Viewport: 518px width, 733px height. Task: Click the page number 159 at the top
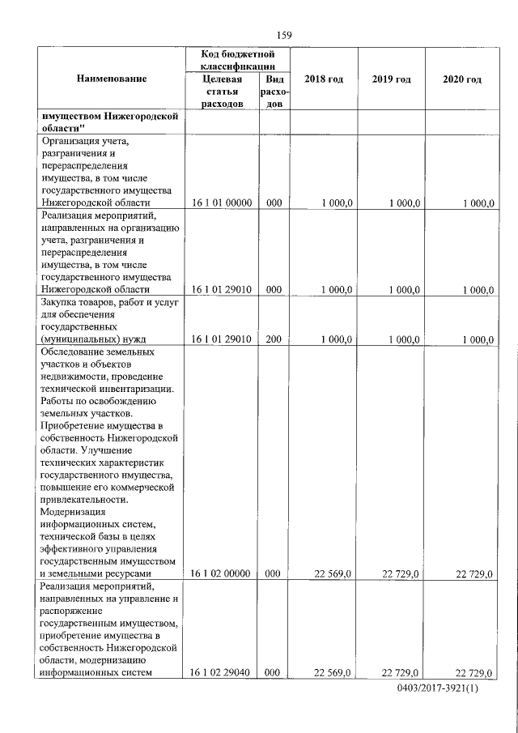coord(283,35)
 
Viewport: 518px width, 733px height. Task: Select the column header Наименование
coord(112,79)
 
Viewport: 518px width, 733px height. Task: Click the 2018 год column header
coord(324,79)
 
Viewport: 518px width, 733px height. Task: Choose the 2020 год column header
coord(462,79)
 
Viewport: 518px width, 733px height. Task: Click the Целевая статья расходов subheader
coord(221,92)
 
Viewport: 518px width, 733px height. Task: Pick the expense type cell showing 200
coord(274,339)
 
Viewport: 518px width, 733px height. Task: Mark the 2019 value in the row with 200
coord(404,339)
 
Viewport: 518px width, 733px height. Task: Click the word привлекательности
coord(82,501)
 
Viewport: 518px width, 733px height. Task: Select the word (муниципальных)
coord(77,339)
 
